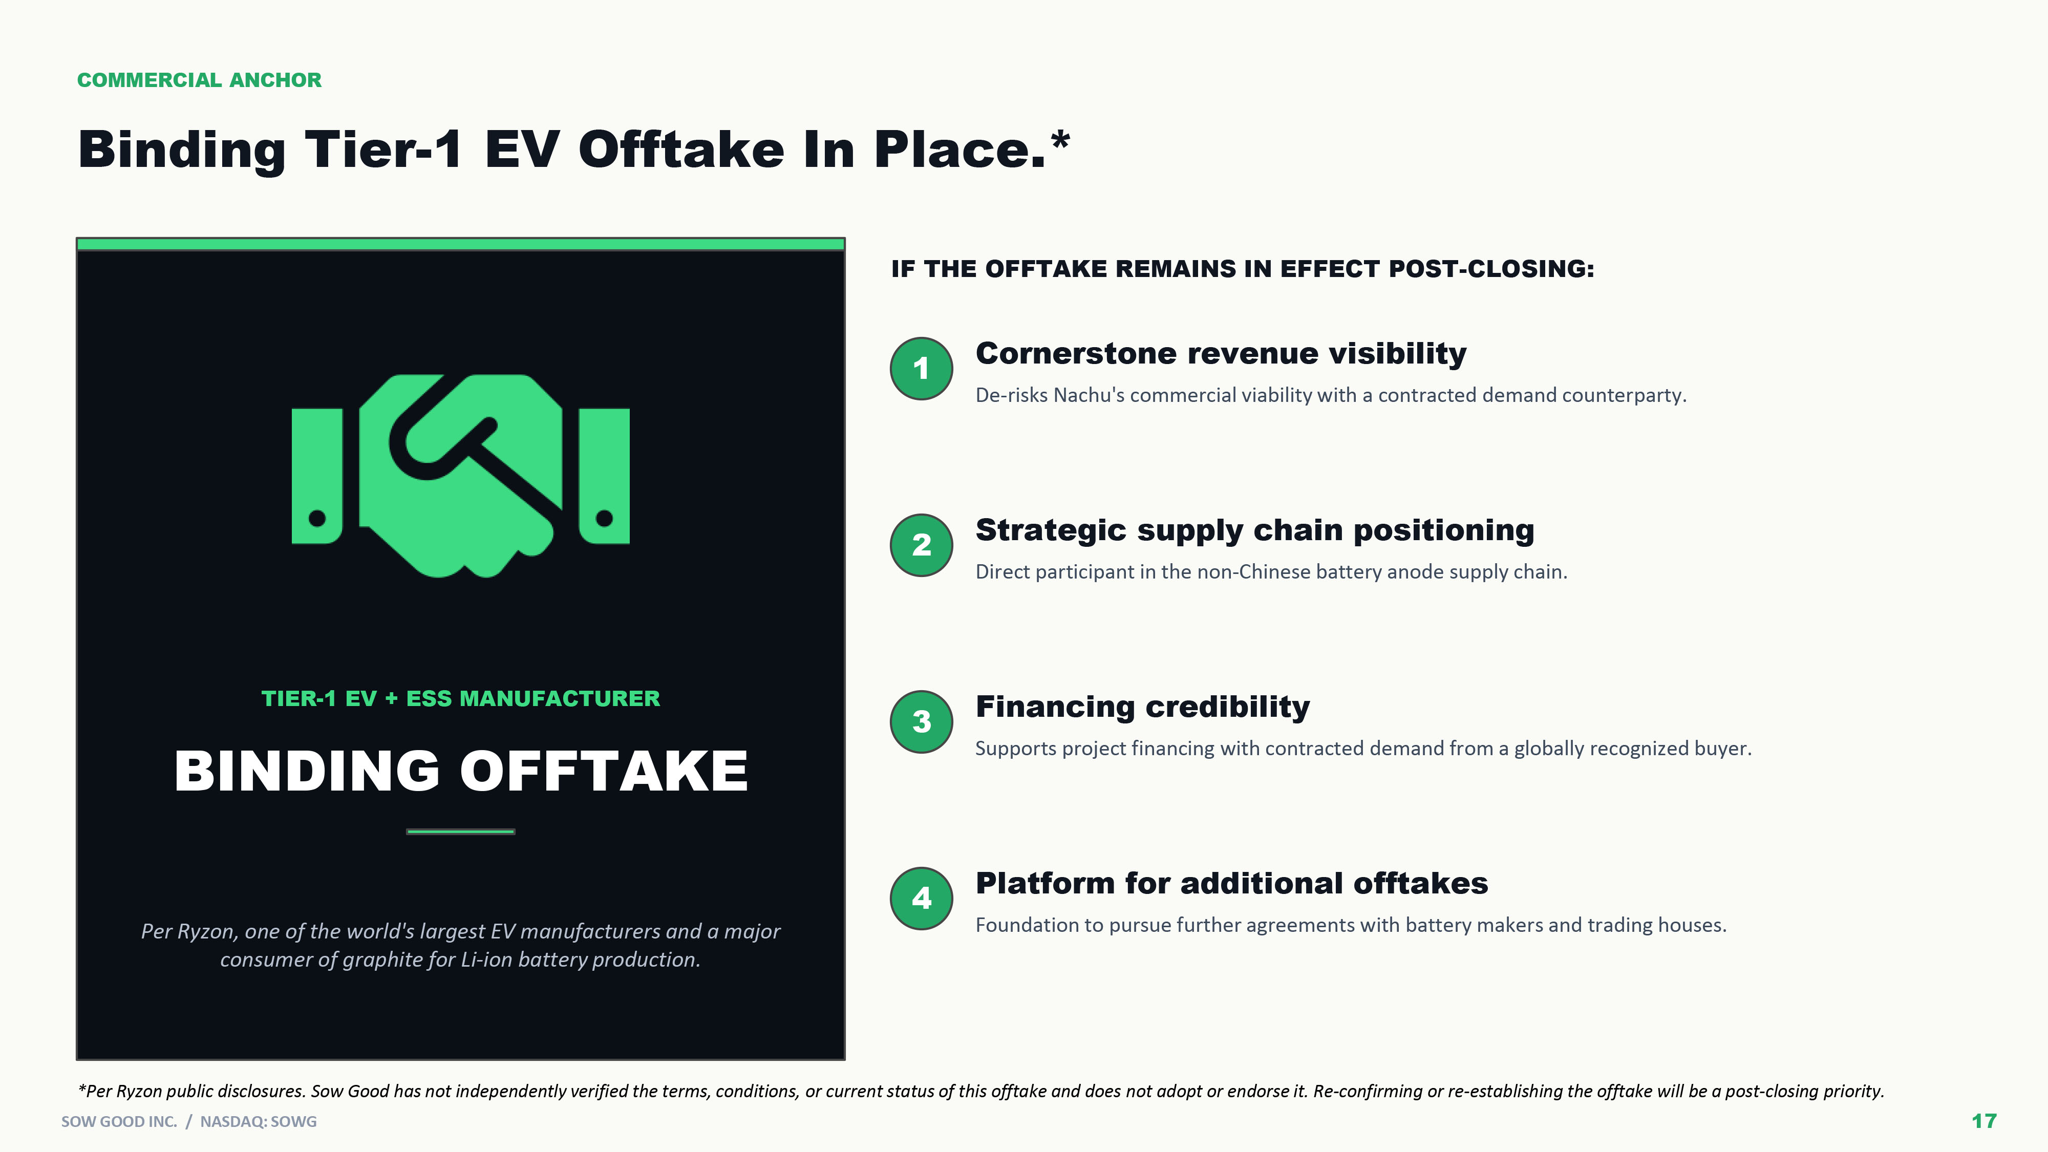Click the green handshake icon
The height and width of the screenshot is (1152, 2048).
point(460,476)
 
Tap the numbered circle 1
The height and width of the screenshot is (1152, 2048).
point(922,368)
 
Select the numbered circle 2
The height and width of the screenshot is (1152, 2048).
point(922,545)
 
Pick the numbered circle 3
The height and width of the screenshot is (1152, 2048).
point(922,721)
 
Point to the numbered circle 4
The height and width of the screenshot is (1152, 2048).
point(922,898)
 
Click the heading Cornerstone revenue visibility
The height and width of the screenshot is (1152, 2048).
point(1221,353)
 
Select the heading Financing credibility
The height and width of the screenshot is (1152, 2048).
point(1142,706)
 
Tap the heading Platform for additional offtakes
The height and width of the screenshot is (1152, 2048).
point(1231,883)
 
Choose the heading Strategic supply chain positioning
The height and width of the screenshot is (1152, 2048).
point(1254,529)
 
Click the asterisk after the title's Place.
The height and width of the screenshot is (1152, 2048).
point(1060,141)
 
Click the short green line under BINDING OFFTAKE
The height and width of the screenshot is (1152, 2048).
point(460,831)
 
